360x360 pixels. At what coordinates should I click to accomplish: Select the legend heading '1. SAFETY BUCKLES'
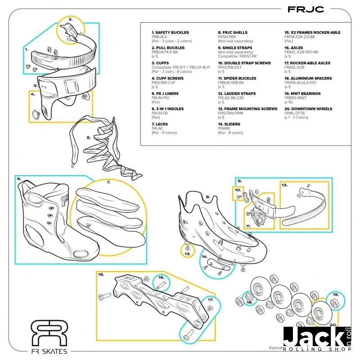coord(170,32)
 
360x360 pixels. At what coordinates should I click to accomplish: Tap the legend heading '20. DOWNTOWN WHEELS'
coord(308,109)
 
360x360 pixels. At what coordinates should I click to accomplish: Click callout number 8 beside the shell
coord(208,197)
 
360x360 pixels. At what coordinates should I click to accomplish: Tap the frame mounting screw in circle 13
coord(186,247)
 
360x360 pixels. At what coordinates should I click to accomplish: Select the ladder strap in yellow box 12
coord(305,207)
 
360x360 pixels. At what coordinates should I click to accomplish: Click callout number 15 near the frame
coord(101,274)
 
